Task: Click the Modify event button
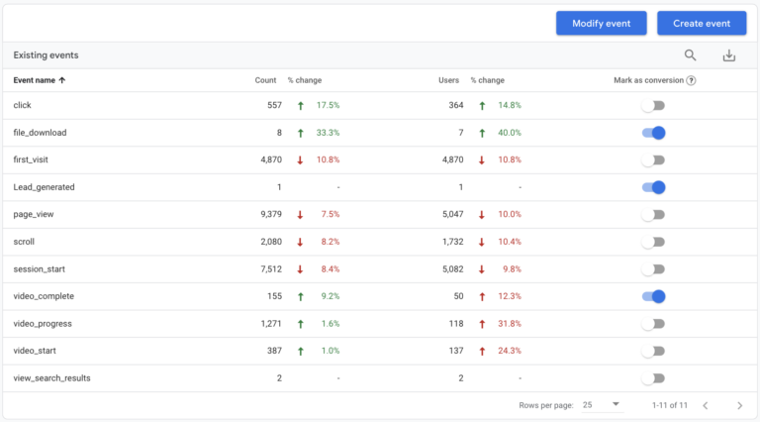click(x=601, y=24)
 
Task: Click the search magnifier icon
click(x=691, y=55)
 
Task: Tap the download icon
click(x=729, y=55)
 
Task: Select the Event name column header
click(x=40, y=80)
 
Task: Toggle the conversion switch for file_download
click(x=653, y=133)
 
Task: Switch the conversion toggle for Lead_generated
click(x=653, y=187)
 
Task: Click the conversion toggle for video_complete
click(x=653, y=296)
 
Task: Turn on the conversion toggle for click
click(x=653, y=105)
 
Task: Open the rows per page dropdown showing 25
click(x=601, y=405)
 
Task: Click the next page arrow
click(x=739, y=405)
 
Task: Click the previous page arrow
click(x=706, y=405)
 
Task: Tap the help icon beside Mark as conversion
click(x=691, y=80)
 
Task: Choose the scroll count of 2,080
click(x=265, y=242)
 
